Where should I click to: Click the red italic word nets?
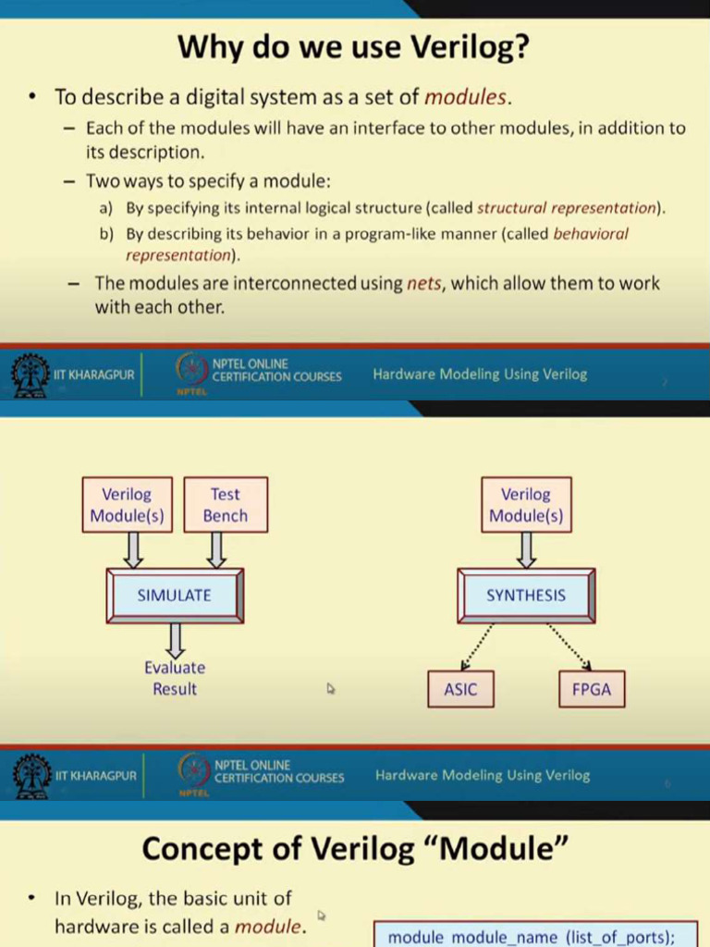(423, 283)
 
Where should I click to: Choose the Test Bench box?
(226, 505)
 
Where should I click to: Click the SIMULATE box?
(175, 595)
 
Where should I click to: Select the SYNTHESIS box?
(526, 595)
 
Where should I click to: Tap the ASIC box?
(460, 689)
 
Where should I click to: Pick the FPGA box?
(592, 689)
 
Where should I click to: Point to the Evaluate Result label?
(175, 678)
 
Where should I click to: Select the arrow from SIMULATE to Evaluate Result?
(175, 639)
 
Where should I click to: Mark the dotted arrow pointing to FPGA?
(569, 645)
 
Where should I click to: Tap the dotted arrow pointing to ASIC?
(478, 645)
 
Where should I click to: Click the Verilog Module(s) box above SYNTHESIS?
(526, 505)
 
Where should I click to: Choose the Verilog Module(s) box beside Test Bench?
(127, 505)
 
